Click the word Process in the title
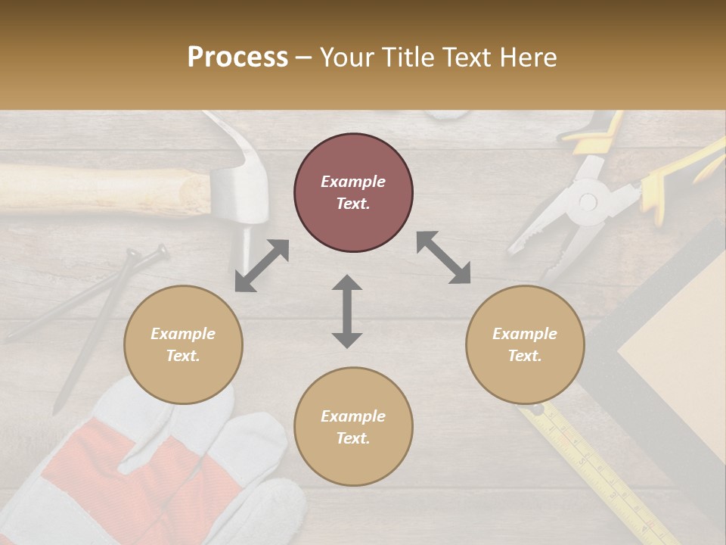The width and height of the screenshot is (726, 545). coord(237,58)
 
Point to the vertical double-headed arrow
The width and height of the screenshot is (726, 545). coord(347,311)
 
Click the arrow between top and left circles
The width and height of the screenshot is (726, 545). coord(262,266)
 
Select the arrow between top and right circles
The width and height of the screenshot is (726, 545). coord(443,257)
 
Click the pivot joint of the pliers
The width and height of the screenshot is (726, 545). coord(587,202)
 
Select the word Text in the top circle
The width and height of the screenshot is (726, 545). coord(353,204)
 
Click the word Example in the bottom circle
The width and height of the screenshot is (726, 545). coord(353,416)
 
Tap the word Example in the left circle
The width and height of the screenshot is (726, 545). coord(183,334)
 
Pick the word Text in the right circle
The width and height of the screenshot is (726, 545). coord(525,356)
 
